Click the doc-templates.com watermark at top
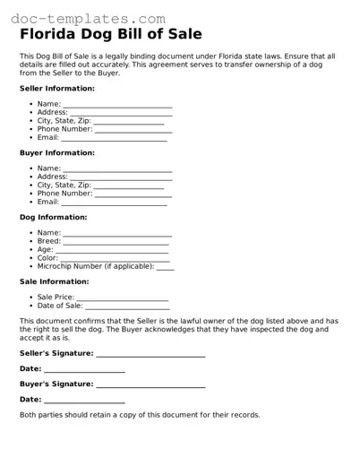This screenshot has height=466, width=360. click(x=83, y=18)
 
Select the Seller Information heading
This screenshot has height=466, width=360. click(x=56, y=89)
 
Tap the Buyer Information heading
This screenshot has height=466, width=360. click(x=56, y=152)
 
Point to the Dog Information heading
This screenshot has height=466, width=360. click(x=53, y=216)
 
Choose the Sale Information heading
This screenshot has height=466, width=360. click(x=54, y=280)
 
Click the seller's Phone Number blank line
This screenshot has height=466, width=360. click(x=133, y=130)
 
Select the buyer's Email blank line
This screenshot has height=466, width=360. click(x=114, y=203)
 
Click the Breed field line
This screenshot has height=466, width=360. click(x=116, y=242)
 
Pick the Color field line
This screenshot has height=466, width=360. click(x=115, y=258)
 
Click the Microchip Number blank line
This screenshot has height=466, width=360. click(x=165, y=267)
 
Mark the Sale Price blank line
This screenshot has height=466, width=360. click(x=123, y=298)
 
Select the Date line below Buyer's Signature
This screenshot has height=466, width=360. click(x=84, y=400)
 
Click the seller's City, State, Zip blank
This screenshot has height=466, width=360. click(x=128, y=122)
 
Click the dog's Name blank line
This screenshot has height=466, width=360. click(x=117, y=233)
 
